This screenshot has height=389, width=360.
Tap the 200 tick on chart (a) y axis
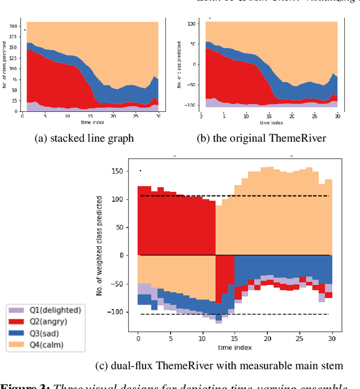(x=13, y=26)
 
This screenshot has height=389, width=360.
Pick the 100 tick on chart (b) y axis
(x=191, y=24)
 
